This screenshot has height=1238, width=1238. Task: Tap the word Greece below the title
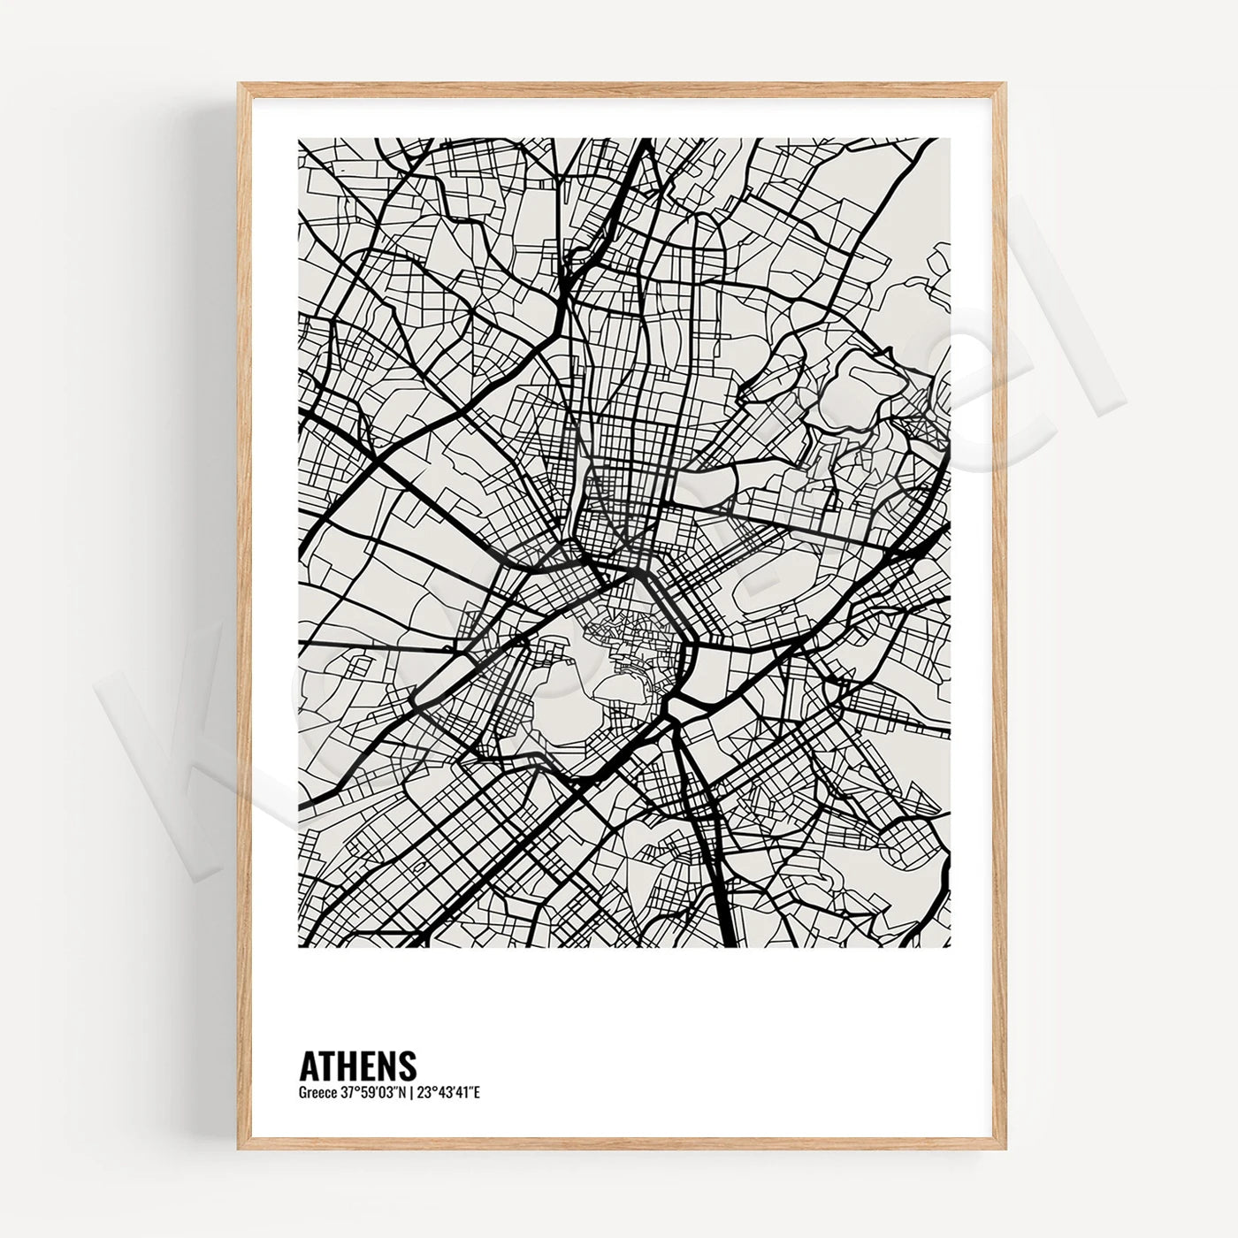click(x=317, y=1093)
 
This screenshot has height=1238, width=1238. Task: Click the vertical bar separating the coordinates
click(x=411, y=1093)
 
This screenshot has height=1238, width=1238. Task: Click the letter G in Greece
click(x=303, y=1093)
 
